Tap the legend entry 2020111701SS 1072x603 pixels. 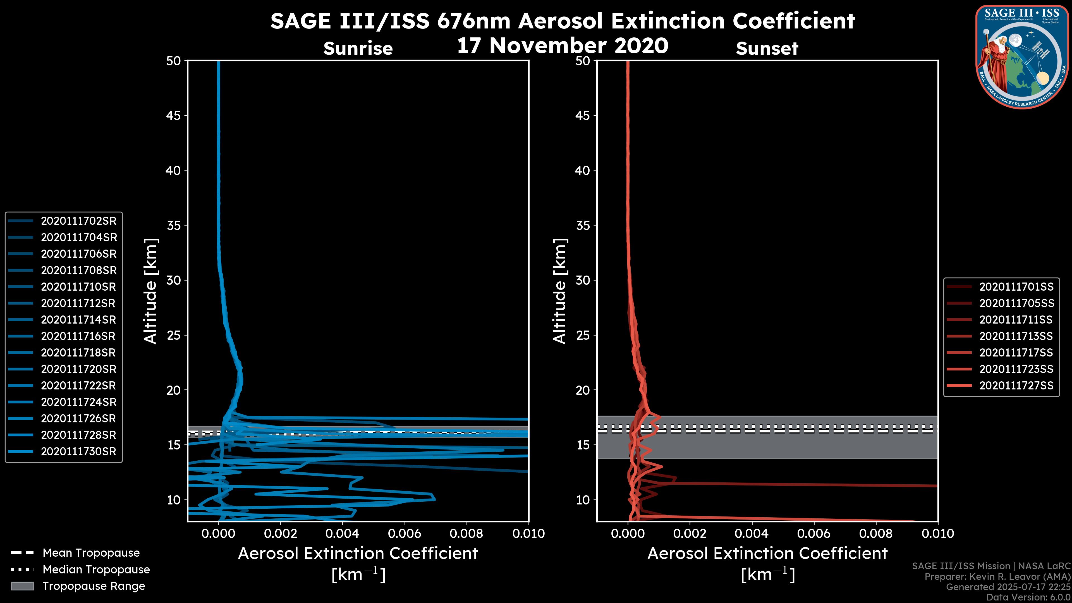1016,287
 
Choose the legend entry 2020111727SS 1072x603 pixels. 1016,386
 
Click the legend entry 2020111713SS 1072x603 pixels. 1016,336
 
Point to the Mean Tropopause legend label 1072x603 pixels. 91,553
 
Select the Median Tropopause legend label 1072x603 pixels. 96,570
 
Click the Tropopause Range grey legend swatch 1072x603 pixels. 22,586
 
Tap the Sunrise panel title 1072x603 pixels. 358,49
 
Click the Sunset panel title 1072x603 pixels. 767,49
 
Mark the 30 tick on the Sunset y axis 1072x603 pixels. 583,281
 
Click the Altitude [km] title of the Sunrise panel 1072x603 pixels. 151,291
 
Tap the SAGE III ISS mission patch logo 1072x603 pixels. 1022,57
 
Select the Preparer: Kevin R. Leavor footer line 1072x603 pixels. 997,577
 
